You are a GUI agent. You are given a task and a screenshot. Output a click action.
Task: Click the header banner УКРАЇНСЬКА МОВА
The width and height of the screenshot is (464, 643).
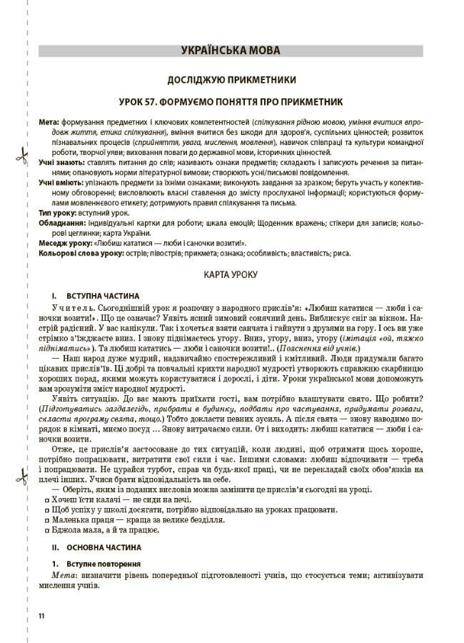231,51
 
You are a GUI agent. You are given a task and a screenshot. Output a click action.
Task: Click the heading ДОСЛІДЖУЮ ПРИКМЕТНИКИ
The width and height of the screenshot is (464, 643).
231,79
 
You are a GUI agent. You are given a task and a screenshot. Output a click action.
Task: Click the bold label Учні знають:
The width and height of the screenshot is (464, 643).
61,163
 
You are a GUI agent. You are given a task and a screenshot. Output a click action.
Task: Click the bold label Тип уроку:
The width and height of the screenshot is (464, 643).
55,213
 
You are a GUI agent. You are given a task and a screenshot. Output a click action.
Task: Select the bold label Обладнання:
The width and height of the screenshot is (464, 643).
58,223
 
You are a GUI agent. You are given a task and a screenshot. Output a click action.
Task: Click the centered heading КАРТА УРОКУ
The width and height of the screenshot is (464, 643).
231,274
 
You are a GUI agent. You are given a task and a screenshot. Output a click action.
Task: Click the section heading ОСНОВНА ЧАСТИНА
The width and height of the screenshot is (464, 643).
104,547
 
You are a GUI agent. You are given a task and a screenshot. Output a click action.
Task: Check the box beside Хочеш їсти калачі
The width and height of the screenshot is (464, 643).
46,499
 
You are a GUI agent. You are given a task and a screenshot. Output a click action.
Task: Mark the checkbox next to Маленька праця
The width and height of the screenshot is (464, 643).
46,520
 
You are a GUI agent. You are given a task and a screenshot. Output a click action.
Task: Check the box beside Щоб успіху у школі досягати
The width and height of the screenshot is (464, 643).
46,509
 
